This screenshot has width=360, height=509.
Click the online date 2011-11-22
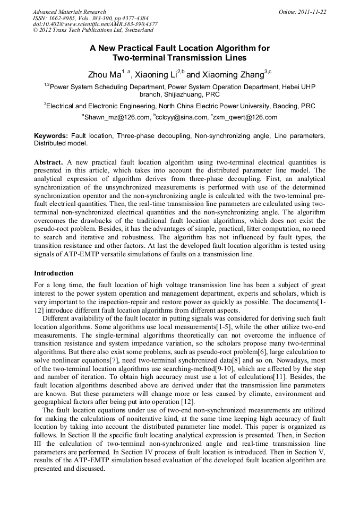tap(313, 12)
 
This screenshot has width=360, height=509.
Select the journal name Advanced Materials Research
tap(69, 12)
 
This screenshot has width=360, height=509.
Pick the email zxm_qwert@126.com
tap(246, 117)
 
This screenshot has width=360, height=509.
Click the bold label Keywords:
tap(51, 136)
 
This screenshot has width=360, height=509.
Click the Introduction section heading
tap(54, 273)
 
